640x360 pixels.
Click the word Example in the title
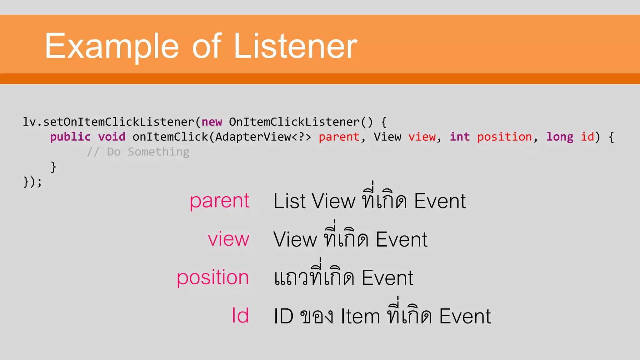point(112,46)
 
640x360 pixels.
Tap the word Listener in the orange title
point(295,46)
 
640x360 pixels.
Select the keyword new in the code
point(212,122)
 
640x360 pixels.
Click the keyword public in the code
point(70,137)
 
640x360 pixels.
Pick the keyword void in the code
point(112,137)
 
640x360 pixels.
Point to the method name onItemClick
point(170,137)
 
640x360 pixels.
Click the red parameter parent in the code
point(339,137)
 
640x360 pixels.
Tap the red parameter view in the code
point(422,137)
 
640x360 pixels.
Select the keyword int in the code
point(460,137)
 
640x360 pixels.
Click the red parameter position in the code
point(504,137)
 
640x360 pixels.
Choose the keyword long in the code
point(560,137)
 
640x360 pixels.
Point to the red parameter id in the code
point(587,137)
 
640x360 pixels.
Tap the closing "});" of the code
point(32,182)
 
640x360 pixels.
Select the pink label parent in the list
point(219,201)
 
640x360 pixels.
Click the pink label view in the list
point(228,239)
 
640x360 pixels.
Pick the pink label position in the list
point(212,278)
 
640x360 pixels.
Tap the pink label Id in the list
point(240,316)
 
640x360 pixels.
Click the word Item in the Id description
point(360,316)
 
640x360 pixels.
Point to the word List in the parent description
point(289,201)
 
